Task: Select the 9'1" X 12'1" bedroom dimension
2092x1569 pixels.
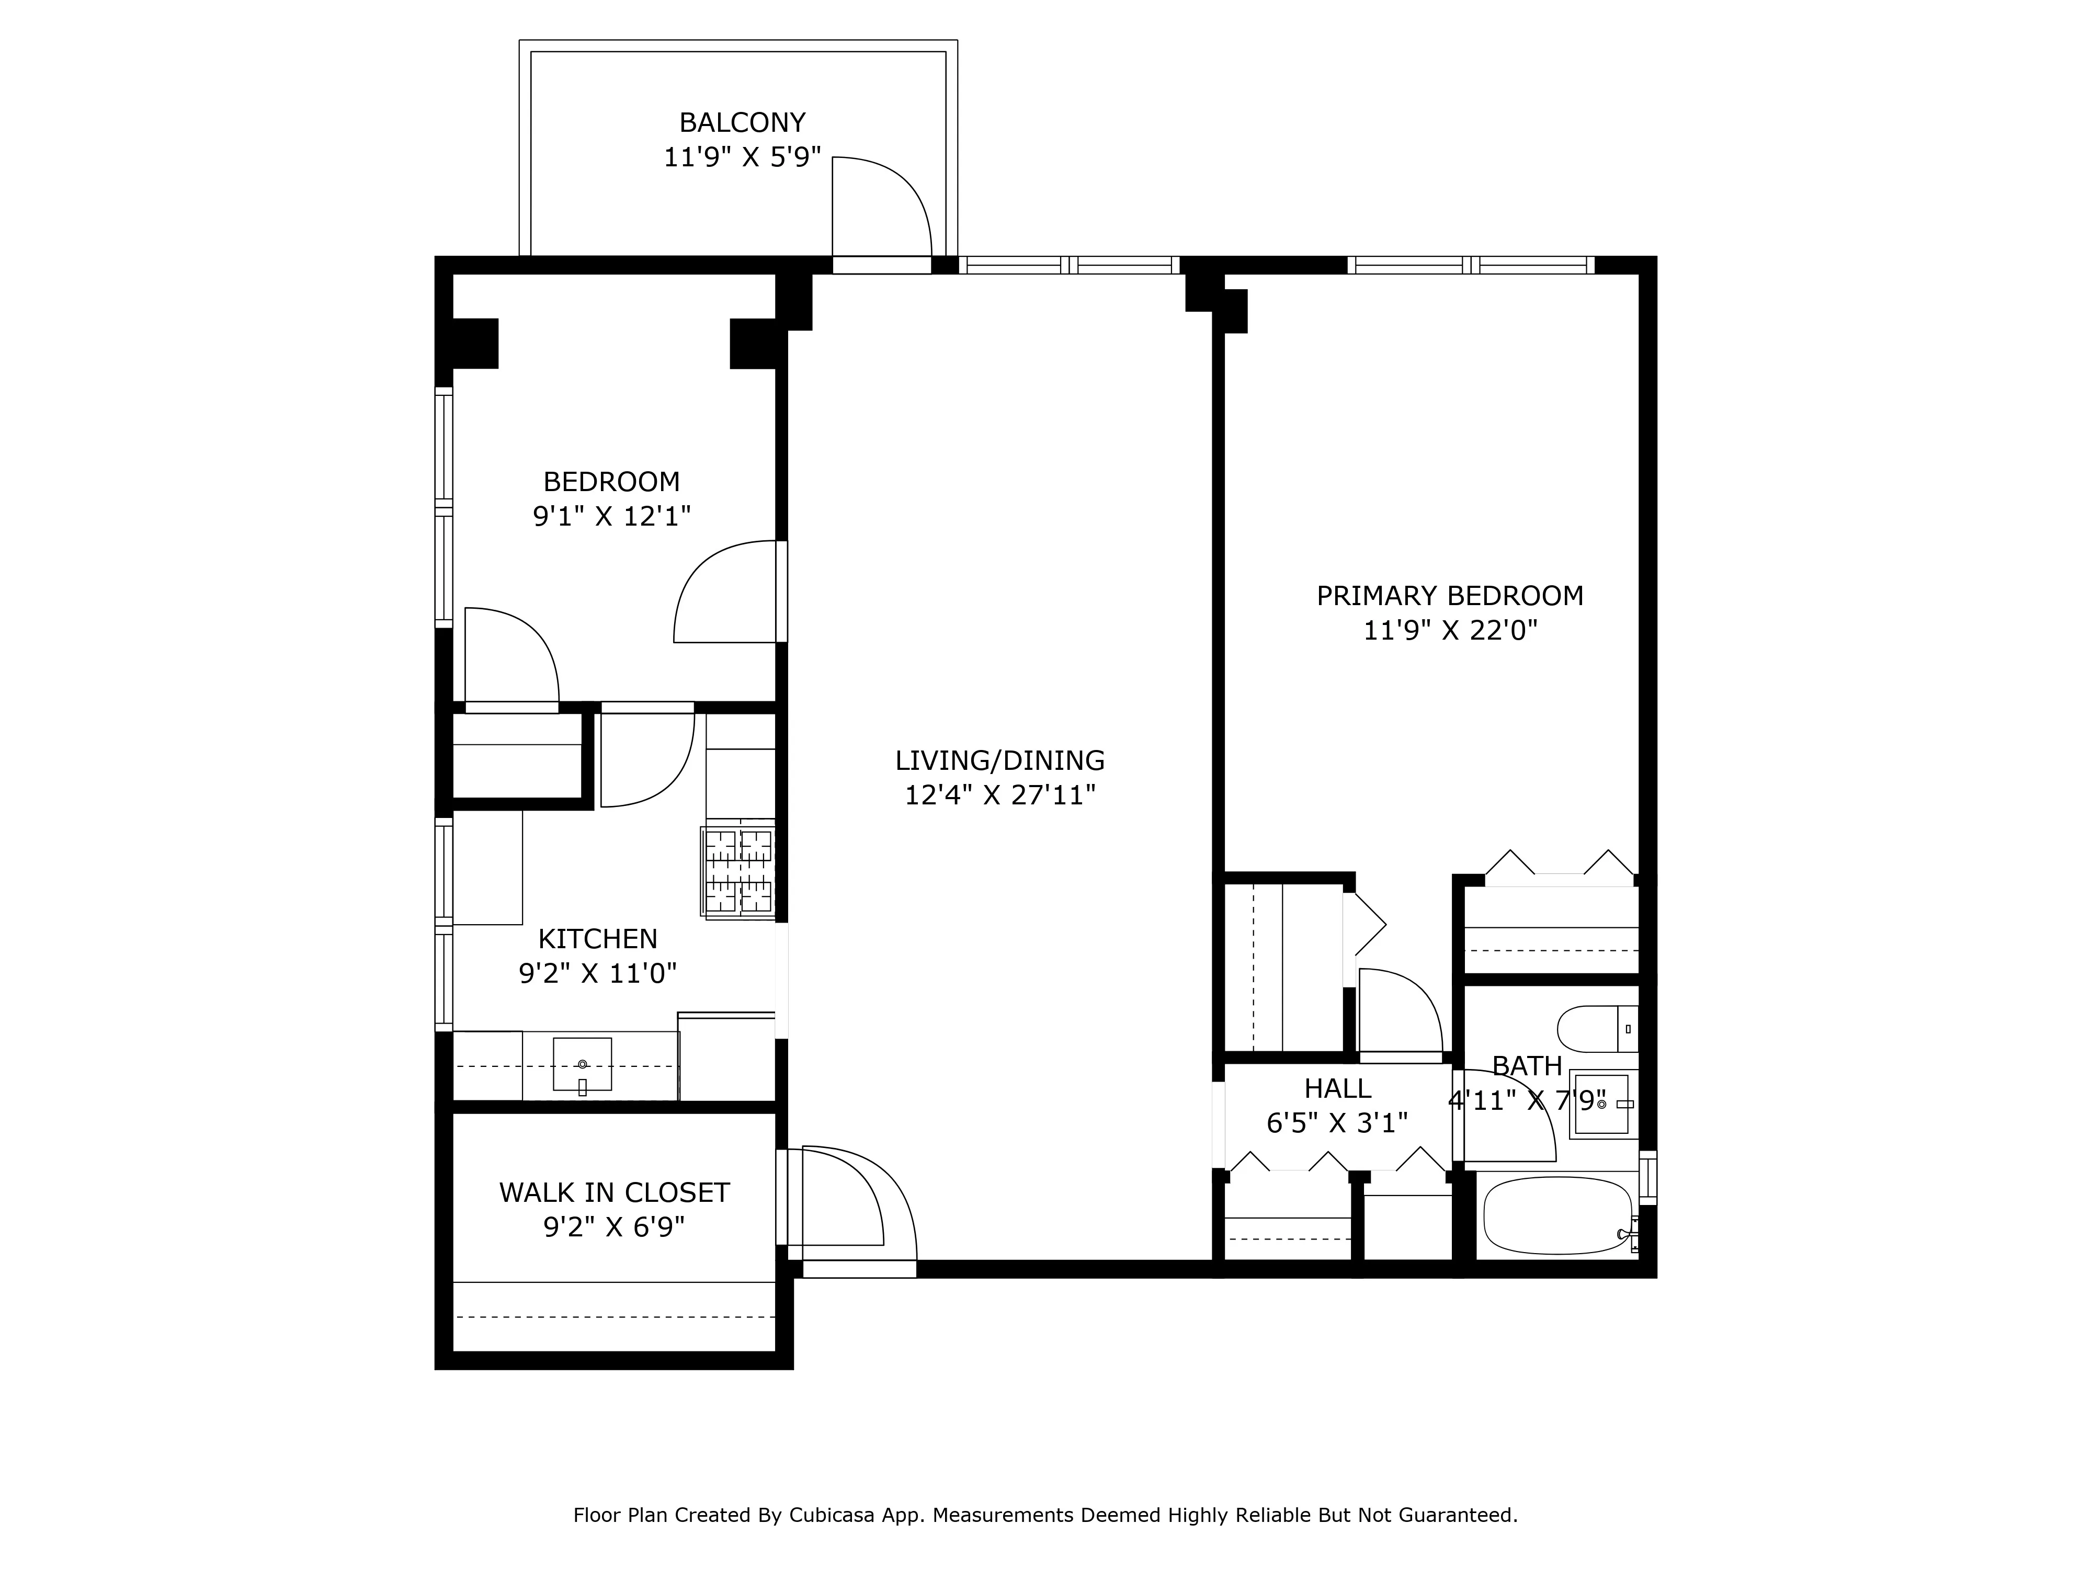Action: click(612, 516)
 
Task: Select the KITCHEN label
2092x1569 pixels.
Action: click(598, 939)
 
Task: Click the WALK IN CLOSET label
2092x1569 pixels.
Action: click(614, 1192)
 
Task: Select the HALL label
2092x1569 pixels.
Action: click(1337, 1088)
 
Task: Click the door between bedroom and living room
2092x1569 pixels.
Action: click(728, 591)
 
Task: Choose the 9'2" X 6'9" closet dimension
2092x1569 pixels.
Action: click(614, 1227)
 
